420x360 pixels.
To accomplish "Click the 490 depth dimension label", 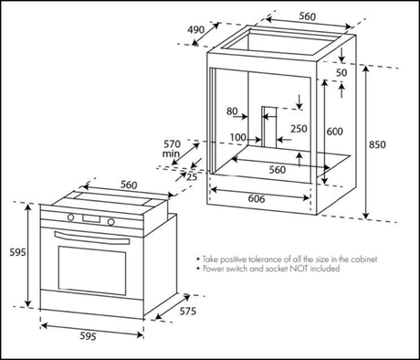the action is tap(195, 30).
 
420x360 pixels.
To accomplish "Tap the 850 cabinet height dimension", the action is tap(377, 144).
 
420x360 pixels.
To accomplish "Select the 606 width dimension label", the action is tap(257, 198).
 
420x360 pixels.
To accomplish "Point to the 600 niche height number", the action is tap(335, 132).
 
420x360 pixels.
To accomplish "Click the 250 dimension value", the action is tap(299, 129).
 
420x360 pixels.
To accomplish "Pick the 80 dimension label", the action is tap(232, 111).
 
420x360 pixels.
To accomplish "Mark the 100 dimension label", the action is tap(237, 137).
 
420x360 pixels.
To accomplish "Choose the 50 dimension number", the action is tap(341, 72).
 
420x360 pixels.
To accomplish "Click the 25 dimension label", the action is tap(192, 176).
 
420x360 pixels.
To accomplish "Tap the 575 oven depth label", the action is tap(188, 312).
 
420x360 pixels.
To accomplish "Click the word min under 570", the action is tap(171, 154).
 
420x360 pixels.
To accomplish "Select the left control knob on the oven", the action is tap(71, 217).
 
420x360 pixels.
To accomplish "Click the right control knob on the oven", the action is tap(110, 222).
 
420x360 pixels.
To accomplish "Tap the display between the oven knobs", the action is tap(91, 218).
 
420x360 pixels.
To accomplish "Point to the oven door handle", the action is tap(92, 238).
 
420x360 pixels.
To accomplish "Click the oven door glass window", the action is tap(92, 270).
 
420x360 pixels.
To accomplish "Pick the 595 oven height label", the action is tap(17, 252).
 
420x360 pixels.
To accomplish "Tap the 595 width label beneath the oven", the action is tap(88, 336).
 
